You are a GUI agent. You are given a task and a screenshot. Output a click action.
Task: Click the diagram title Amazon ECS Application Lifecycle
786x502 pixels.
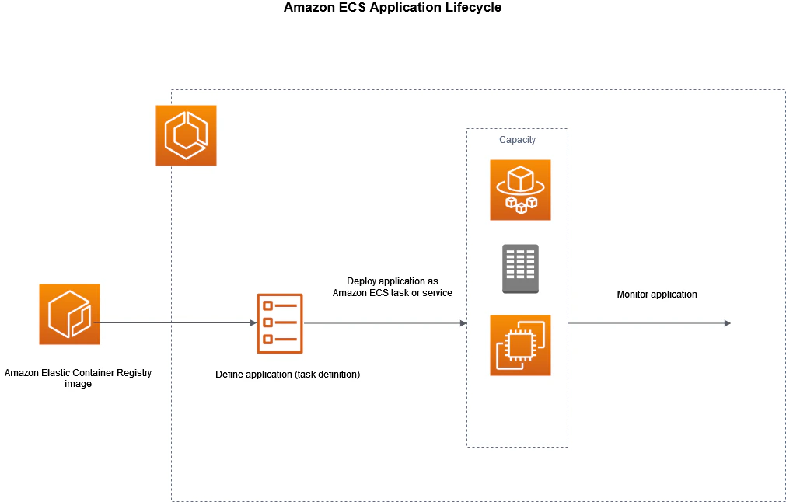[x=393, y=8]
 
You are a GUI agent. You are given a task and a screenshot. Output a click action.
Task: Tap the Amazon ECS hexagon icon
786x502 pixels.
[x=186, y=135]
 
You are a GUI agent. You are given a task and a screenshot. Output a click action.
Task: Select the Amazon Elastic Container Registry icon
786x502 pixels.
[x=69, y=314]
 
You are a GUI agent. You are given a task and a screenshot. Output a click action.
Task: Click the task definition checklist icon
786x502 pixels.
[x=280, y=322]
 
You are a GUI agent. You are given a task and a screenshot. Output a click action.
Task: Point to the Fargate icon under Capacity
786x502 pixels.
[x=520, y=190]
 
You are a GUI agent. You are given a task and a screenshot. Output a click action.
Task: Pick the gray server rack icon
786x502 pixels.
[x=520, y=268]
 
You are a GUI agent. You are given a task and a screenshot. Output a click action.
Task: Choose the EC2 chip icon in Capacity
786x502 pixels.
[x=520, y=345]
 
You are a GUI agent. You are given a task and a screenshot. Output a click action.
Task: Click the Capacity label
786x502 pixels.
[x=517, y=140]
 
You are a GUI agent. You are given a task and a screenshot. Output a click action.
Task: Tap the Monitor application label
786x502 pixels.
[x=657, y=295]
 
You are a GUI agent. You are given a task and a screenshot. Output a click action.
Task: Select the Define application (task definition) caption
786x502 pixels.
[x=288, y=375]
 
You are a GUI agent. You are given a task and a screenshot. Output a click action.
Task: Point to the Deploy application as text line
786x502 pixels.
[x=393, y=281]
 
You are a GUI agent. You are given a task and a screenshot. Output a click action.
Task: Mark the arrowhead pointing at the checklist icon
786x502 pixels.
[x=253, y=322]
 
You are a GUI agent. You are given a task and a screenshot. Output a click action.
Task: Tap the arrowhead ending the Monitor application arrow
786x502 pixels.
[x=727, y=322]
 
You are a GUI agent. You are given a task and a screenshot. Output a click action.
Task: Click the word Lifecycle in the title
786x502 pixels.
[x=473, y=8]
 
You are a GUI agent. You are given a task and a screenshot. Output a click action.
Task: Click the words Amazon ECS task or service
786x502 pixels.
[x=393, y=293]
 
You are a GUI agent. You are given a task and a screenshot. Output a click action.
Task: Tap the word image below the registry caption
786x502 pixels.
[x=78, y=384]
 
